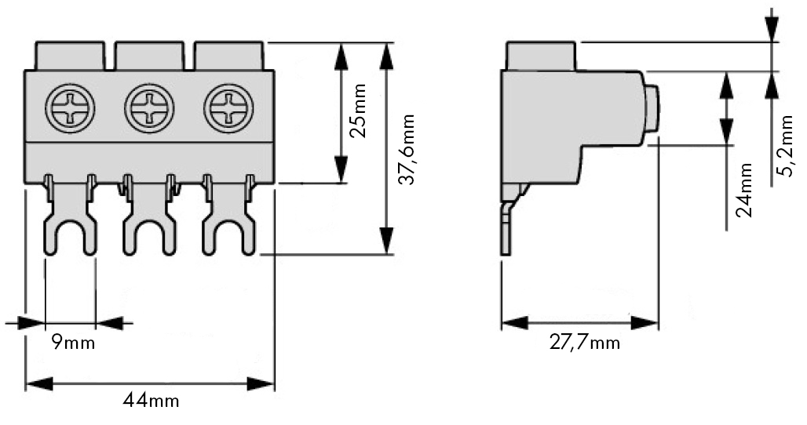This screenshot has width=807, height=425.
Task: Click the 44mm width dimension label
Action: tap(151, 401)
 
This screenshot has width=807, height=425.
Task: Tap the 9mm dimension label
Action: tap(73, 342)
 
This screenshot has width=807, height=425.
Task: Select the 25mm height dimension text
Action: tap(357, 111)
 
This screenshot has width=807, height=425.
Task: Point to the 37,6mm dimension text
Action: tap(407, 150)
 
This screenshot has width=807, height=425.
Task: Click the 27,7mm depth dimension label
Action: tap(584, 342)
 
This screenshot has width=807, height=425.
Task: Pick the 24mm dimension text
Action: tap(743, 190)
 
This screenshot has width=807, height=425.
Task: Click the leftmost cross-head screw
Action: tap(70, 109)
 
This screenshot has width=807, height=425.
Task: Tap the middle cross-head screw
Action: tap(149, 109)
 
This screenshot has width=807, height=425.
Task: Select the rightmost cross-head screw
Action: tap(228, 109)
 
